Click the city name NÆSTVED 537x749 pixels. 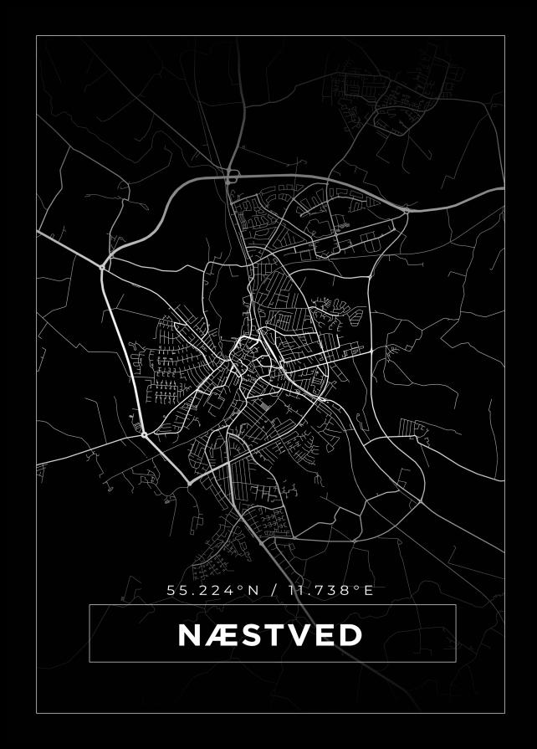[270, 635]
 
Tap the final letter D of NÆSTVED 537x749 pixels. [351, 635]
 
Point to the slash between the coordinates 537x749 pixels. [273, 590]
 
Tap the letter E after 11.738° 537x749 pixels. [368, 590]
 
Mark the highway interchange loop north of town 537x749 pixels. [232, 176]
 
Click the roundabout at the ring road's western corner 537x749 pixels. [102, 266]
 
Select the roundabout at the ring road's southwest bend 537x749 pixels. [145, 434]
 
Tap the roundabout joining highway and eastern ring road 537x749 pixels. [407, 211]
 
